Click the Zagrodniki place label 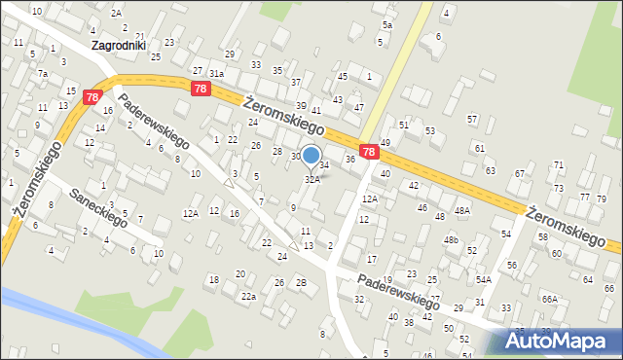click(118, 45)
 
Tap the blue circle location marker click(311, 155)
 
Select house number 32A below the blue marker click(312, 180)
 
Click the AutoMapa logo click(562, 342)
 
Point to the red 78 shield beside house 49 click(369, 152)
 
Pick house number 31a click(216, 73)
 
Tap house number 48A click(462, 210)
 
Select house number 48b click(451, 239)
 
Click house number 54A click(484, 279)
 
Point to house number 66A click(550, 299)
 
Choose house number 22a click(249, 296)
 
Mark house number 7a click(43, 73)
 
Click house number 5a click(386, 24)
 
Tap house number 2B click(301, 283)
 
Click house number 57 click(472, 119)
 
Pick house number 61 click(479, 147)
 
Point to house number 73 click(558, 188)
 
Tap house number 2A click(116, 13)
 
